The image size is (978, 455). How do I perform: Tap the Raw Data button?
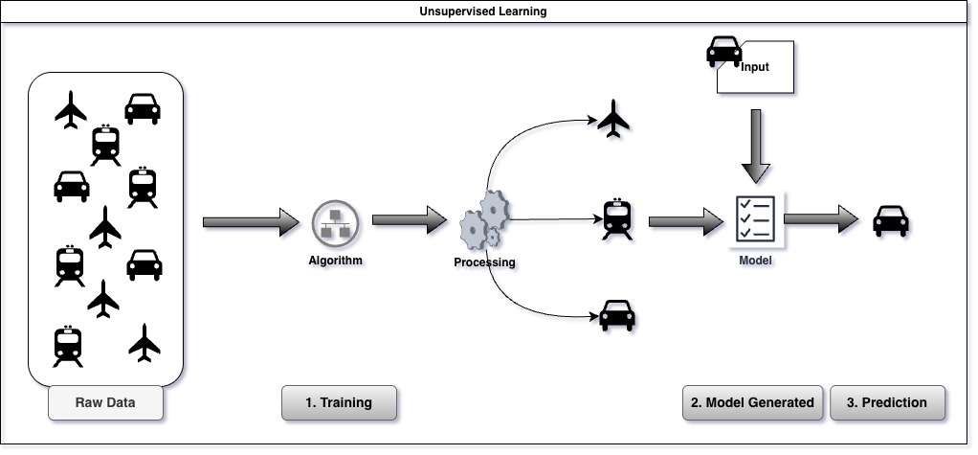coord(105,402)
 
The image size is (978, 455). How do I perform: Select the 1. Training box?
coord(339,402)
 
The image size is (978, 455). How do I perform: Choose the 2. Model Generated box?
coord(752,402)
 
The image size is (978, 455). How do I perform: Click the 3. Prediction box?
coord(887,402)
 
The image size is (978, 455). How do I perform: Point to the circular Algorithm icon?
coord(335,226)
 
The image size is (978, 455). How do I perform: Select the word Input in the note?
coord(754,67)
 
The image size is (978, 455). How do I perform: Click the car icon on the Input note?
coord(724,52)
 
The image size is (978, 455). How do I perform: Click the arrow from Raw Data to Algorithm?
coord(252,222)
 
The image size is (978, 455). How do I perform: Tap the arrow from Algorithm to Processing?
coord(410,222)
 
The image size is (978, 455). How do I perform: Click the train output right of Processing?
coord(615,218)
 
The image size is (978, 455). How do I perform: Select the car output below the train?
coord(616,314)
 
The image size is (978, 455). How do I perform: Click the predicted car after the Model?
coord(891,222)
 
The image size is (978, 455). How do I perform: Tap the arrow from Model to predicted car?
coord(822,219)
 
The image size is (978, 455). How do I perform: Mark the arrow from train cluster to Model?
coord(684,222)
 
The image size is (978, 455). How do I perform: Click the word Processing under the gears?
coord(484,262)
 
